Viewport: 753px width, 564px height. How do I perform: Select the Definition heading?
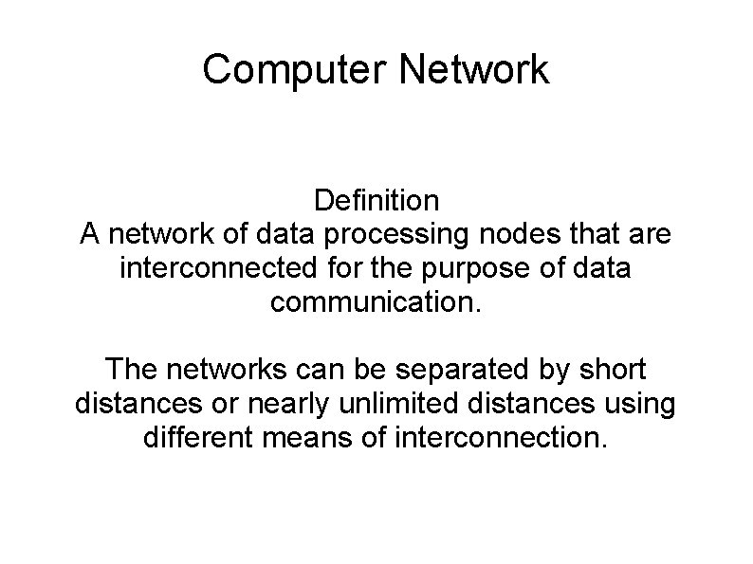coord(376,201)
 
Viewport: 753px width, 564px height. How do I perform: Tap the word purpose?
coord(447,268)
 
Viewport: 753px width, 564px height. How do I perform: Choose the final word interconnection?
coord(499,439)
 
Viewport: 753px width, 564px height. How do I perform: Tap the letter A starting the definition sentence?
coord(90,234)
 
